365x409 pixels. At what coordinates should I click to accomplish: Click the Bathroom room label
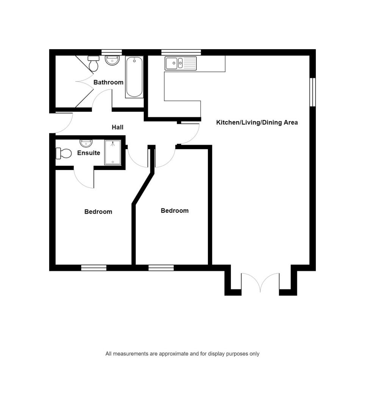coord(108,83)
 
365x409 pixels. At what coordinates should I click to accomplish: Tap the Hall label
coord(118,127)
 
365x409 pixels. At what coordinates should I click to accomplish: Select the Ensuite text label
coord(89,153)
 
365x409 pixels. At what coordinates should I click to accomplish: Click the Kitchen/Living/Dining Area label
coord(257,122)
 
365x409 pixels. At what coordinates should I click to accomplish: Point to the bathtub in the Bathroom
coord(134,77)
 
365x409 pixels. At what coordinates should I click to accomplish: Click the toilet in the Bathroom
coord(94,63)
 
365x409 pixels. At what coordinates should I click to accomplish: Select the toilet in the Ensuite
coord(64,153)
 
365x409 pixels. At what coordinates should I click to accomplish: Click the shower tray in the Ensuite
coord(112,153)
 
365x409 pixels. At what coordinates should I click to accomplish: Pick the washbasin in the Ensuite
coord(86,143)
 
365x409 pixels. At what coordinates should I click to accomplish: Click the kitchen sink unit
coord(180,63)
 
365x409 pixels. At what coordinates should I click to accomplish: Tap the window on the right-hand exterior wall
coord(313,92)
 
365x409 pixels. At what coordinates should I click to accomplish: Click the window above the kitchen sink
coord(181,52)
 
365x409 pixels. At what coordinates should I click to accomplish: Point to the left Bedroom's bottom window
coord(94,268)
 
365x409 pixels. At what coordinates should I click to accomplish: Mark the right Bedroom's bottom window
coord(161,268)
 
